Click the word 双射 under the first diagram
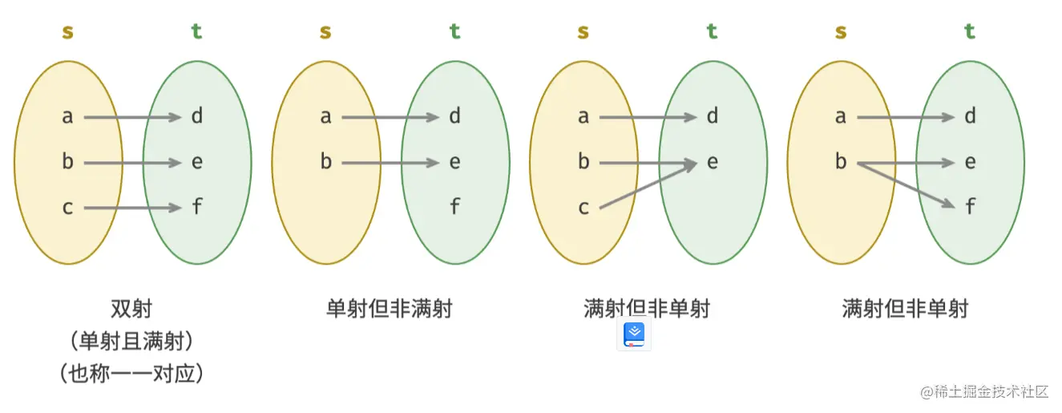tap(131, 309)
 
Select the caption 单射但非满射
tap(390, 309)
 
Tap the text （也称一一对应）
tap(131, 373)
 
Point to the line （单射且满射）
tap(131, 342)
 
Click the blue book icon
tap(634, 334)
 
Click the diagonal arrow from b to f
tap(906, 185)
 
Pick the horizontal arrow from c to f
tap(132, 209)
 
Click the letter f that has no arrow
tap(454, 208)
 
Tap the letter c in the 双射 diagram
tap(67, 209)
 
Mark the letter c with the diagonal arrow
tap(583, 209)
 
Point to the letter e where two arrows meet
tap(712, 163)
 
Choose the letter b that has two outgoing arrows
tap(841, 163)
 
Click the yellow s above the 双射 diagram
tap(67, 32)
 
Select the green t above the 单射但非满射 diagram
tap(454, 32)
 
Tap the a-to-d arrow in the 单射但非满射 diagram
tap(390, 118)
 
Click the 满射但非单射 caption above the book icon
tap(647, 309)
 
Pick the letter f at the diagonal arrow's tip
tap(970, 208)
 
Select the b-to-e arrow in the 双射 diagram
tap(132, 163)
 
